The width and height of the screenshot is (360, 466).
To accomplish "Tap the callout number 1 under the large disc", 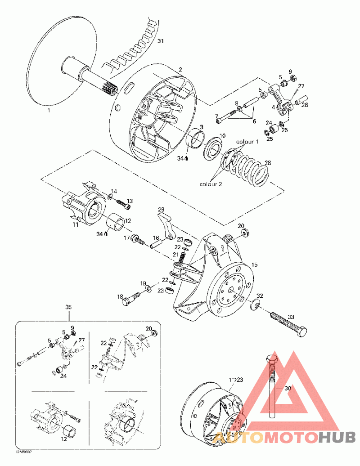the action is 49,109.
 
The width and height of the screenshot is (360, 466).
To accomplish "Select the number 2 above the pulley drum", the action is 180,70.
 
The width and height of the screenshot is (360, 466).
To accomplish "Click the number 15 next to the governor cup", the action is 254,265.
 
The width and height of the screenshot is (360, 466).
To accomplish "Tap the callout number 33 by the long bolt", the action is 291,317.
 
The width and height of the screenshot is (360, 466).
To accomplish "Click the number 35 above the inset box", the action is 68,307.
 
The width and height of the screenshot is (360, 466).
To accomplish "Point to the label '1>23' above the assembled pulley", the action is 236,380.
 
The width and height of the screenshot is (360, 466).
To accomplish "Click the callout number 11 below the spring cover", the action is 75,224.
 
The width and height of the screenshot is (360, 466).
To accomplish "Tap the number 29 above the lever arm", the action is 161,210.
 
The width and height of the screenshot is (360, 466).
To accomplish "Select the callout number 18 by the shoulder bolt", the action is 120,296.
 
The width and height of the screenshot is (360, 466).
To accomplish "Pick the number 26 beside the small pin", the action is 305,106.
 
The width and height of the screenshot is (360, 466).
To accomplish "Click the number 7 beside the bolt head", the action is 216,116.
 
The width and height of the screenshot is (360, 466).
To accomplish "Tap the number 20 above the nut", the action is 241,225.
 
